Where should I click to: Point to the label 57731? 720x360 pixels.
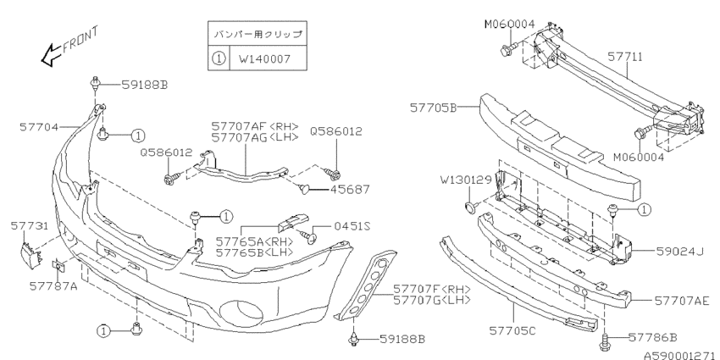(x=29, y=226)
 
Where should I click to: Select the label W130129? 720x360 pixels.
(x=467, y=180)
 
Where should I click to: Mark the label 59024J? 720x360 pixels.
(x=678, y=251)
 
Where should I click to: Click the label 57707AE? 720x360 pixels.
(x=681, y=300)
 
